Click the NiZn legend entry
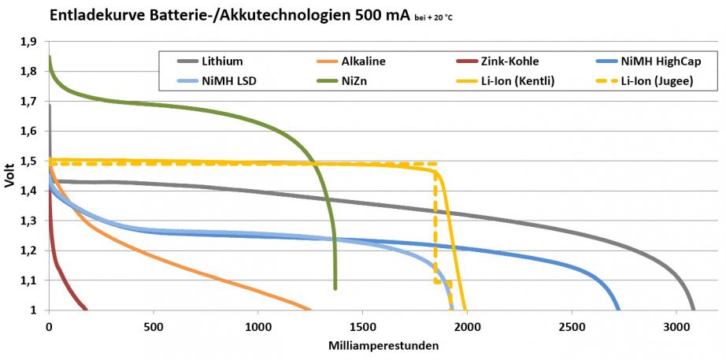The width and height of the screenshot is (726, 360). tap(354, 80)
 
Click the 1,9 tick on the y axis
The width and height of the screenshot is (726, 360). tap(28, 42)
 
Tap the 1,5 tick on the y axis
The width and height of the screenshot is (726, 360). tap(28, 161)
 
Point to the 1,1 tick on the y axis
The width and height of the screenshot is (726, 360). tap(28, 280)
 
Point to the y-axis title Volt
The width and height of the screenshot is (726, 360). tap(10, 175)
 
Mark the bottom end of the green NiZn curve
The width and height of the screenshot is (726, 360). tap(335, 288)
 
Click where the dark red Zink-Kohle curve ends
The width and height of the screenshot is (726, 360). tap(86, 309)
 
